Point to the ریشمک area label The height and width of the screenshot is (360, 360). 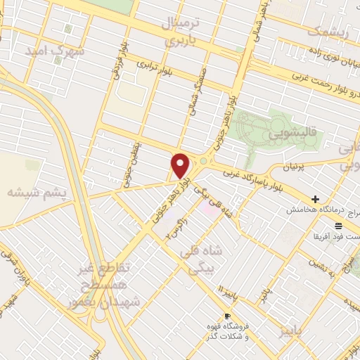point(332,32)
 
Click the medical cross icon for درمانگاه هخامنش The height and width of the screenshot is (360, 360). point(316,200)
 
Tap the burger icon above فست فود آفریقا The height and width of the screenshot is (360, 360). point(339,225)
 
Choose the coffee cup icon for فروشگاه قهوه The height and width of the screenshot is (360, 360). point(226,316)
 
